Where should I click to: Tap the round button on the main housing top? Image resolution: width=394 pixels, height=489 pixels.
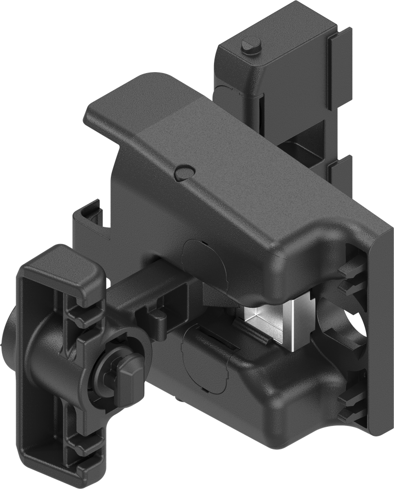[184, 172]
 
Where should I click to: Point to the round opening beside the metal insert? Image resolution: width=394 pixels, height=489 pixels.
[341, 325]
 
